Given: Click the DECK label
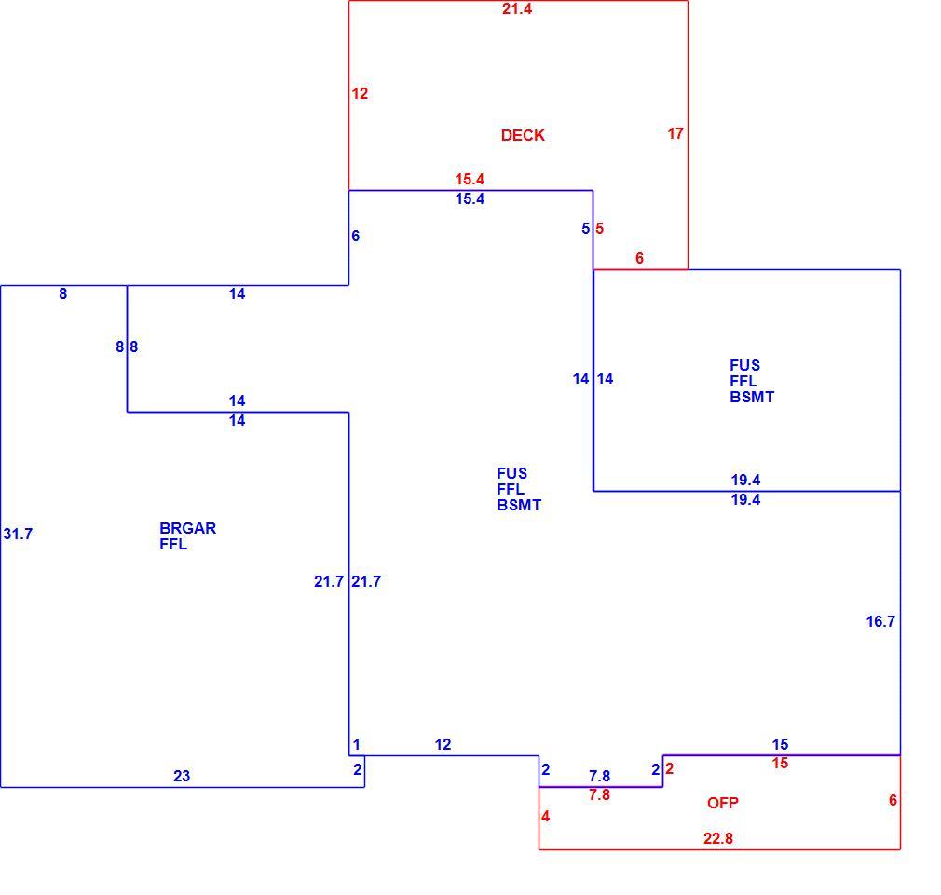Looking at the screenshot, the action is click(x=523, y=135).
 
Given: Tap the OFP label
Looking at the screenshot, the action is click(x=723, y=803).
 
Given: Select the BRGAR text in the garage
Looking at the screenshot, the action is click(x=188, y=528).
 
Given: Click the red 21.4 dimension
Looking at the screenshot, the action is click(x=517, y=9).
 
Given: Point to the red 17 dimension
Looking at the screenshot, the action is click(x=675, y=133).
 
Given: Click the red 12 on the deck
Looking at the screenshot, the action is click(x=360, y=93).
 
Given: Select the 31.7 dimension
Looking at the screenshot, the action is click(x=18, y=534).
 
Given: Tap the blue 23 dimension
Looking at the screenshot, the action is click(x=182, y=776).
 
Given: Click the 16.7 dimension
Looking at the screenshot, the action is click(x=880, y=621).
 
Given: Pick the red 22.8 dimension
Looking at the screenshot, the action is click(x=718, y=838).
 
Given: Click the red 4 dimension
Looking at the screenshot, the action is click(x=546, y=816).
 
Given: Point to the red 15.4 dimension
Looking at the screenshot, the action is click(x=470, y=179).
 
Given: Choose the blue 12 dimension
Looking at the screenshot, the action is click(x=443, y=744).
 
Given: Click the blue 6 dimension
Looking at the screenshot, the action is click(x=356, y=236).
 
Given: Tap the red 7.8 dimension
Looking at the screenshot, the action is click(x=599, y=794).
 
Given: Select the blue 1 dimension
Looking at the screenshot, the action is click(x=357, y=744).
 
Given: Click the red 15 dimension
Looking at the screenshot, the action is click(x=780, y=763).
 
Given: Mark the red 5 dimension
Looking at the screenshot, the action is click(x=599, y=228).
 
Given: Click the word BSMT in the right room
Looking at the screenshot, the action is click(x=752, y=397).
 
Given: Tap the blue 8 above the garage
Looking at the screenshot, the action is click(x=63, y=293).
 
